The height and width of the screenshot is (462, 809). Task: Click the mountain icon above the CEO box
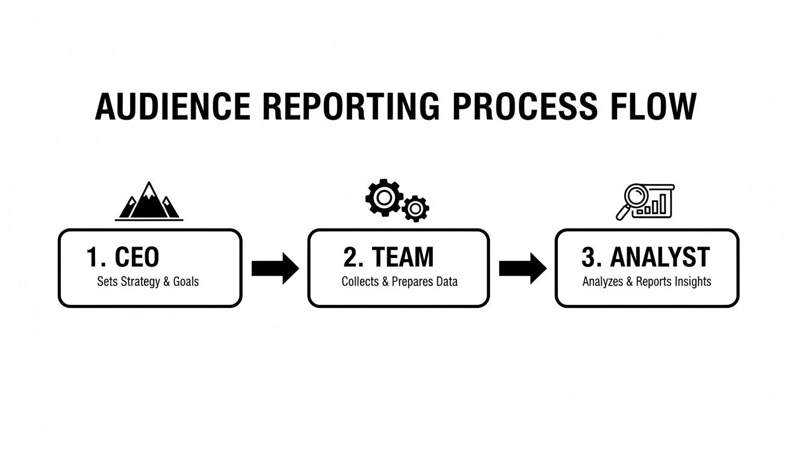(149, 202)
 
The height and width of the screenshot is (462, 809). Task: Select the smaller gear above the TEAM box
(415, 209)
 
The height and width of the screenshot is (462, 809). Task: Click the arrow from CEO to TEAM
(274, 268)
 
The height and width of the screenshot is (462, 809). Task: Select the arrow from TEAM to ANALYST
(522, 268)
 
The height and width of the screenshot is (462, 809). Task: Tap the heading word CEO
(137, 257)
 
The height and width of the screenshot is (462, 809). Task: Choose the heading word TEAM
(403, 257)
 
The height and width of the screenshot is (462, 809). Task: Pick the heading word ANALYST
(660, 257)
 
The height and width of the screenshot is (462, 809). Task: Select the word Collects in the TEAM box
(360, 282)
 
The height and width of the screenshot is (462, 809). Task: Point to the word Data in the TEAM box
(447, 282)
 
